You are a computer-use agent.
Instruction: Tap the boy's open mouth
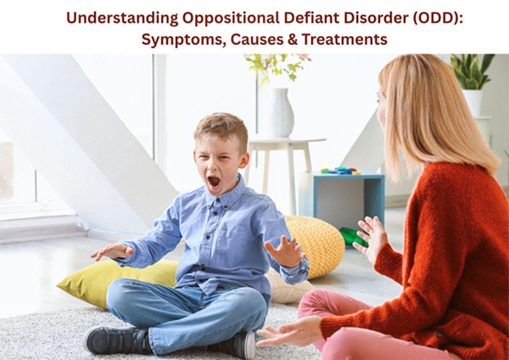coord(215,181)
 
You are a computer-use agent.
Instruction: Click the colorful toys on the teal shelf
coord(340,171)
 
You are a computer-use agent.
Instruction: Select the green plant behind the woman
coord(471,72)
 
